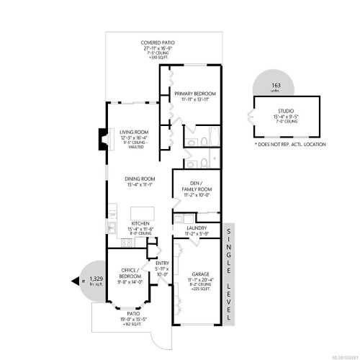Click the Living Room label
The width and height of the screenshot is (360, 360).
(x=133, y=133)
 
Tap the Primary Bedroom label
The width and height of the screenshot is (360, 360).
(x=195, y=94)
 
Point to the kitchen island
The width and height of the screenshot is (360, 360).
(x=140, y=214)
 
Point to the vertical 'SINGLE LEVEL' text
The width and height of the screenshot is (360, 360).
(x=229, y=259)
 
